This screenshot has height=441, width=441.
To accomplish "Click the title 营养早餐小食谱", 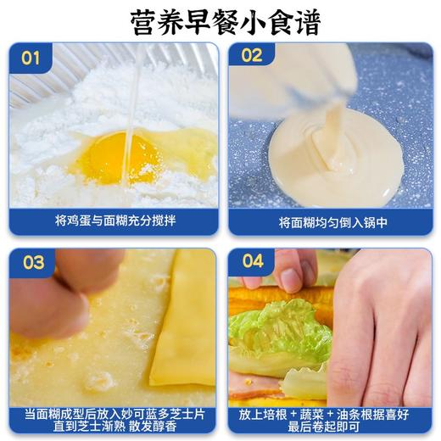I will [x=220, y=21].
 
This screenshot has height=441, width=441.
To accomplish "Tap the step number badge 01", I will [x=31, y=58].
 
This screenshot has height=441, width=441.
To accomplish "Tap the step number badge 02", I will [x=252, y=57].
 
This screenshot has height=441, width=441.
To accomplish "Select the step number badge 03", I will [x=33, y=262].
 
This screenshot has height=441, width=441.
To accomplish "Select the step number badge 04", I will [x=253, y=261].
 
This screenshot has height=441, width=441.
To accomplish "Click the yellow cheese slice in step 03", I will [x=184, y=331].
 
